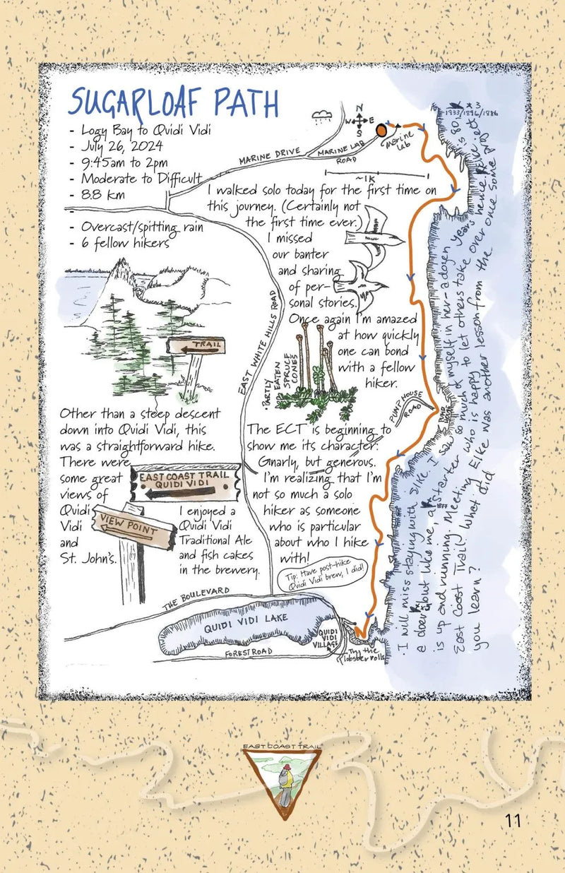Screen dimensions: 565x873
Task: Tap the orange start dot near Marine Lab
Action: coord(381,130)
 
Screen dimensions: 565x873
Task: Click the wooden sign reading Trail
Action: coord(196,347)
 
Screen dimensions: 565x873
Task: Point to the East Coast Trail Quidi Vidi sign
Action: coord(183,483)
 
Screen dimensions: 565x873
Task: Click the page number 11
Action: coord(513,821)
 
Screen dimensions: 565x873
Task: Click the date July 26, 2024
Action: coord(122,146)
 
